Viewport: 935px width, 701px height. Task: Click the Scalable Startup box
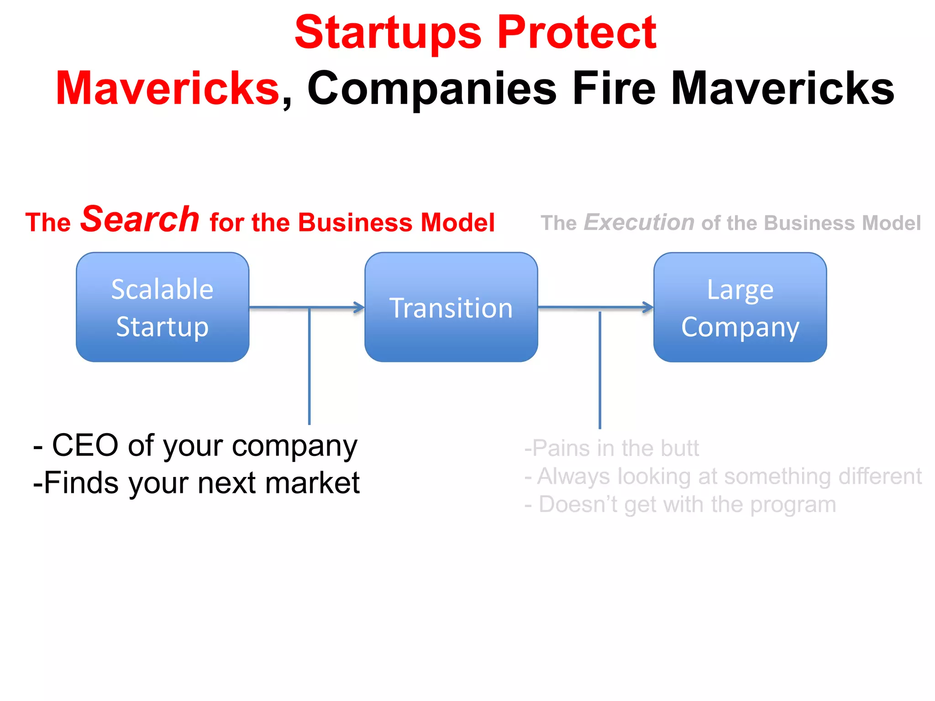tap(163, 307)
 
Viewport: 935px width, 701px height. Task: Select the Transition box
tap(451, 307)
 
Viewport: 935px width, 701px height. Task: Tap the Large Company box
tap(740, 307)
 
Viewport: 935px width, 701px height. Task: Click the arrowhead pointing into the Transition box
tap(360, 307)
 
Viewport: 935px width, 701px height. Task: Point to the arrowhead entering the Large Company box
tap(648, 307)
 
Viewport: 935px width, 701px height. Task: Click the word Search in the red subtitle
tap(140, 220)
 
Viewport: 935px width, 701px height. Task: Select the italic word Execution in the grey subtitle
tap(639, 223)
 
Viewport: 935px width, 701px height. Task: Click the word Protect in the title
tap(576, 32)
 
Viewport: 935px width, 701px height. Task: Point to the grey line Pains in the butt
tap(612, 448)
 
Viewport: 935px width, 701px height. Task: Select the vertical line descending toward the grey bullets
tap(599, 370)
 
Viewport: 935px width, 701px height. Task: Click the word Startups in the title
tap(388, 32)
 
